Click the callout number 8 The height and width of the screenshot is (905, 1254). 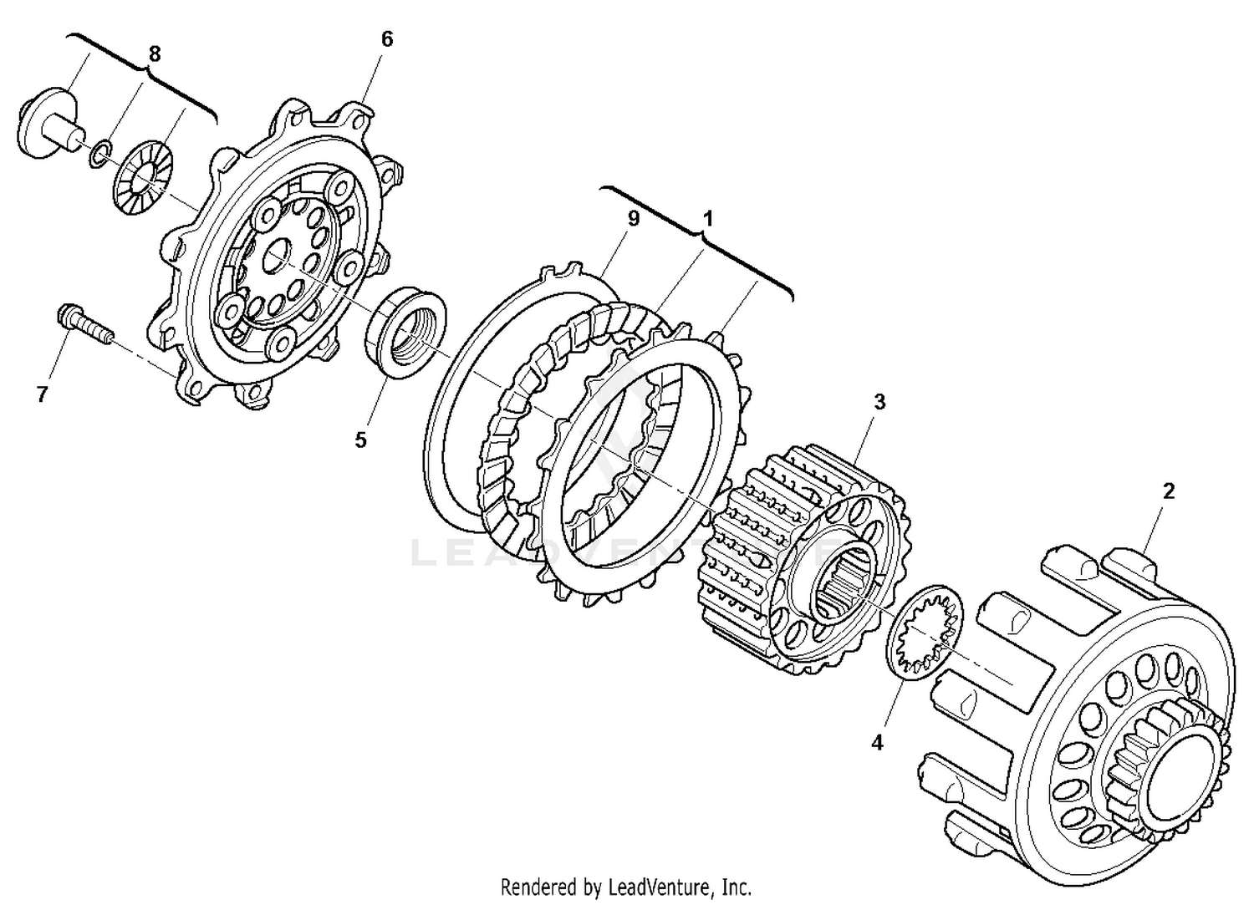154,54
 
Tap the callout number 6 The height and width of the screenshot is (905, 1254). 386,39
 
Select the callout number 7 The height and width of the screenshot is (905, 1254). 43,394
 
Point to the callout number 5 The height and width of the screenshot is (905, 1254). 360,440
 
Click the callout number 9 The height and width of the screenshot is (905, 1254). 633,218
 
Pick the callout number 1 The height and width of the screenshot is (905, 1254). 707,219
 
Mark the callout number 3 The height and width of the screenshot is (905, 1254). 879,402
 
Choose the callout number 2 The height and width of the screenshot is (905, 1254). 1169,491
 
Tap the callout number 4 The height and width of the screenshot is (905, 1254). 877,741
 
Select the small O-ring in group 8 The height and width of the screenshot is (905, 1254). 99,154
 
